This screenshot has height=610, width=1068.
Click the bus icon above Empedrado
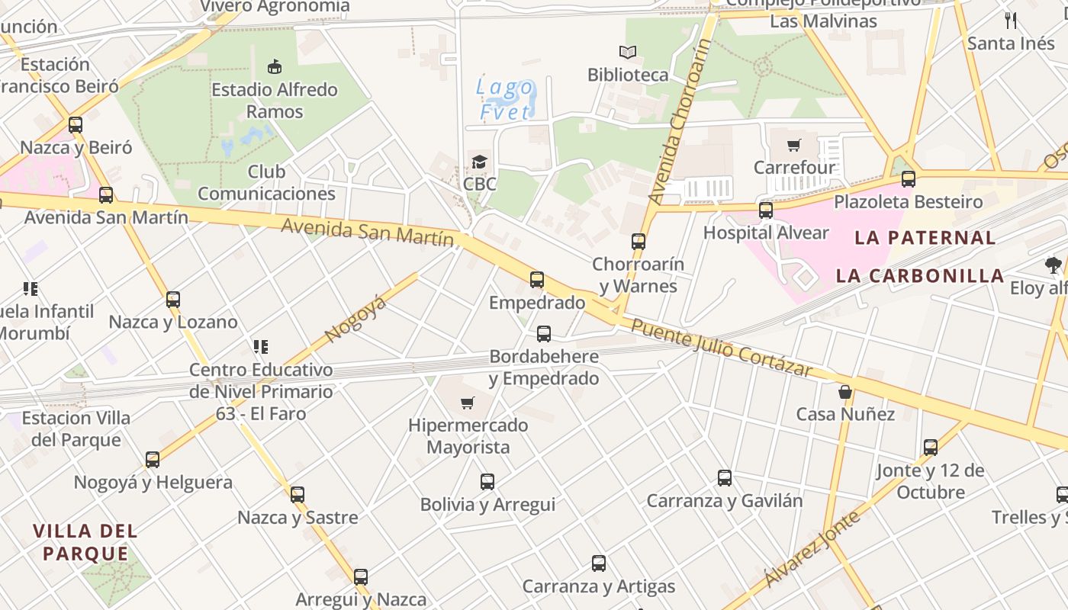pos(537,280)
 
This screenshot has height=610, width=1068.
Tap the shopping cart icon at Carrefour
pos(794,145)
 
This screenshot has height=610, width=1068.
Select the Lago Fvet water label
pos(505,99)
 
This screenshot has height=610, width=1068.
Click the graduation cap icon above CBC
pos(479,162)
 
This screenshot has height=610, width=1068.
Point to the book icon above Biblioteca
pos(628,53)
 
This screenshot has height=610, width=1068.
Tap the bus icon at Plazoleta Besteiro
pos(908,179)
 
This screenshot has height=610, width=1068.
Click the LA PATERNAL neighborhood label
pos(925,237)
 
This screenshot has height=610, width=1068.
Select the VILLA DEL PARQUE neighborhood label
pos(85,542)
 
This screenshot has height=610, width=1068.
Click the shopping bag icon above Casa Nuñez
pos(845,392)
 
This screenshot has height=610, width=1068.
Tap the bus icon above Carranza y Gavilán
pos(725,478)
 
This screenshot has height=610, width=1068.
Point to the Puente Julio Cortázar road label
pos(722,348)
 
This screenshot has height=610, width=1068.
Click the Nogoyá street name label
pos(355,319)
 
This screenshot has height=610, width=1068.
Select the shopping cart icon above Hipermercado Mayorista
pos(468,403)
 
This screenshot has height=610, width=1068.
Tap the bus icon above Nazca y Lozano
pos(173,300)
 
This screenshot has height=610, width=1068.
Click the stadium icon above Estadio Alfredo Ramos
pos(274,67)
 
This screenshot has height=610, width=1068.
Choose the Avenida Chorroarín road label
pos(679,122)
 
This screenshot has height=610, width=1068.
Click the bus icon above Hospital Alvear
pos(766,210)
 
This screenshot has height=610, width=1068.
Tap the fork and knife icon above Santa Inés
pos(1012,21)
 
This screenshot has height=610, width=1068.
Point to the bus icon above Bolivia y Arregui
pos(487,482)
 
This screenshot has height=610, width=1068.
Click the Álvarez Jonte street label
pos(812,549)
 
